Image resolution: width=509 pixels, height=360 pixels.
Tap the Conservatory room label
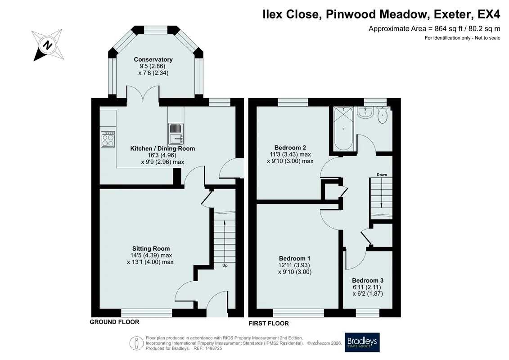click(x=153, y=59)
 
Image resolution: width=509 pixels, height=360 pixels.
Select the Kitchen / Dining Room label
click(x=162, y=148)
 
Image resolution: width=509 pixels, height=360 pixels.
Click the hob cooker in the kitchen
click(x=108, y=139)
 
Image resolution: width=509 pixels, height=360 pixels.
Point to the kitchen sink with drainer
click(x=176, y=134)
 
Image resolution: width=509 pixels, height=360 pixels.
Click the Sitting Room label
click(x=151, y=249)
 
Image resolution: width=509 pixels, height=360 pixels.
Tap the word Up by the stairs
click(x=225, y=265)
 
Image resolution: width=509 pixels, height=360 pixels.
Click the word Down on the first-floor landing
click(x=382, y=175)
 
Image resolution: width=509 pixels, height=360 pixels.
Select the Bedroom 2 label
click(x=290, y=148)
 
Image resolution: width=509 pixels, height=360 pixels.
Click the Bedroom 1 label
click(x=295, y=258)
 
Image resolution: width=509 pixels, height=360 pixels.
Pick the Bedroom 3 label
click(x=368, y=280)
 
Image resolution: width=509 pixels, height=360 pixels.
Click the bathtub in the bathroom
click(x=343, y=129)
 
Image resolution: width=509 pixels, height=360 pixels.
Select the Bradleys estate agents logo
click(x=362, y=342)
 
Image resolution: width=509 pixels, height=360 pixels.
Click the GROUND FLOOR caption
click(x=114, y=322)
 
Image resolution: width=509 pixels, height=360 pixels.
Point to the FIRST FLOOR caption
click(x=269, y=323)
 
